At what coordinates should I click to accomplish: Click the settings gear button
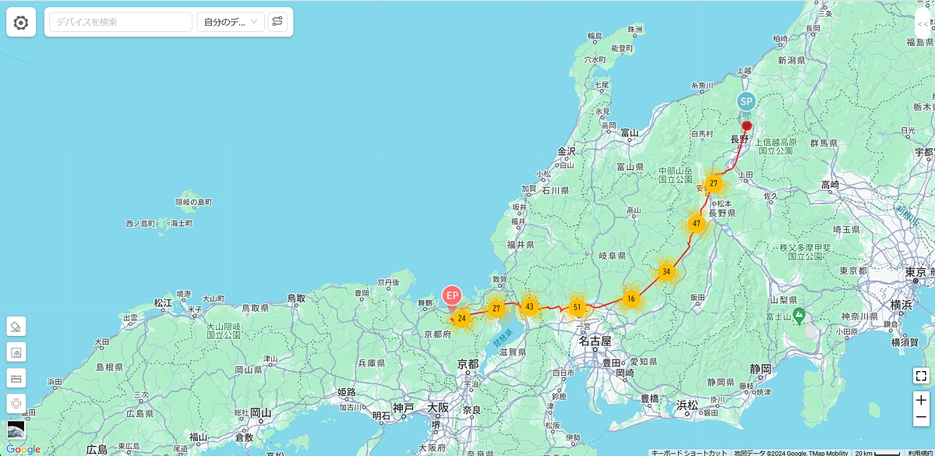[21, 23]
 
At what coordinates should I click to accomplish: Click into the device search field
[120, 22]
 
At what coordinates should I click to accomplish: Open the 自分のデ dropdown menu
[231, 22]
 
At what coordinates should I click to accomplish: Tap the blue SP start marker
[746, 101]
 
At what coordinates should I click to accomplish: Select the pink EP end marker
[452, 295]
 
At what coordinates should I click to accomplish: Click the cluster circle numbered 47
[697, 224]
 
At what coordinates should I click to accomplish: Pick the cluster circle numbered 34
[665, 272]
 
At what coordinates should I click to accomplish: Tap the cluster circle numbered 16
[631, 299]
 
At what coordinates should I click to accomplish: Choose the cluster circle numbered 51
[577, 307]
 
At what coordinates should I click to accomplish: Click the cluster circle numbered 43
[530, 306]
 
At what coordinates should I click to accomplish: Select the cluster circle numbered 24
[462, 318]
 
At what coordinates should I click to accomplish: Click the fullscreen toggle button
[921, 376]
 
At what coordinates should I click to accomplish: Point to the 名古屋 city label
[595, 341]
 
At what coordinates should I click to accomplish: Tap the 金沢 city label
[566, 151]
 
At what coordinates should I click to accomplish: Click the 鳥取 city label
[295, 298]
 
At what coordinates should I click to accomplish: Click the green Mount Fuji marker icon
[798, 316]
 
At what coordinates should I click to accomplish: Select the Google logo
[23, 449]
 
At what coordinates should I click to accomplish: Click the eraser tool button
[16, 326]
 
